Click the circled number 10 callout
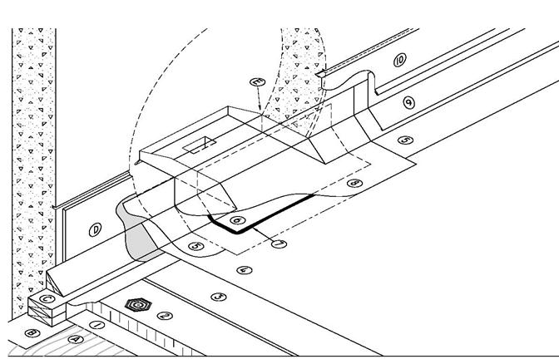pyautogui.click(x=399, y=60)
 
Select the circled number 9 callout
pyautogui.click(x=408, y=102)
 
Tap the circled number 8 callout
pyautogui.click(x=356, y=182)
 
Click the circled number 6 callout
pyautogui.click(x=238, y=220)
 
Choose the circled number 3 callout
pyautogui.click(x=219, y=296)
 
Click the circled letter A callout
pyautogui.click(x=77, y=339)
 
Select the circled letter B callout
pyautogui.click(x=33, y=334)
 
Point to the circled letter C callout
pyautogui.click(x=47, y=300)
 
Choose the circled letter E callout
pyautogui.click(x=257, y=82)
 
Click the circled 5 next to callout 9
pyautogui.click(x=404, y=140)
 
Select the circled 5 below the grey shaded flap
pyautogui.click(x=195, y=245)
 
